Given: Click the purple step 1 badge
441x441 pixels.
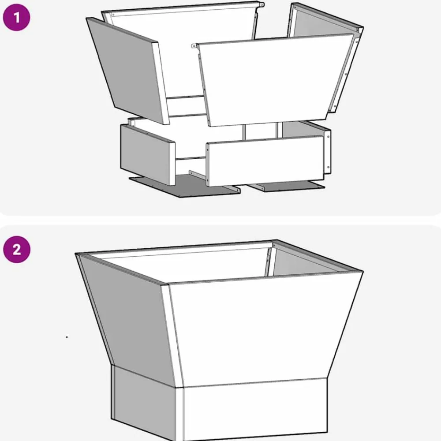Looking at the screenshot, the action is (16, 18).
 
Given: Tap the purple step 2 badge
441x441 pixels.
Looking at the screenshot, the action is (17, 250).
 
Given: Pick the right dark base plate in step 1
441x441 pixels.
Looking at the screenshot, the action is (287, 186).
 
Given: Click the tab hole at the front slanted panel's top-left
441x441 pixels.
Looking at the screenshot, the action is (194, 45).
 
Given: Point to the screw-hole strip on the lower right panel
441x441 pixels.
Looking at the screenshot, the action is (328, 151).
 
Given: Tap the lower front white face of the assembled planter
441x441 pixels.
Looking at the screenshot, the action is (254, 409).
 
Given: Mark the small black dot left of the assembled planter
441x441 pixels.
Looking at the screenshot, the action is (67, 337).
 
